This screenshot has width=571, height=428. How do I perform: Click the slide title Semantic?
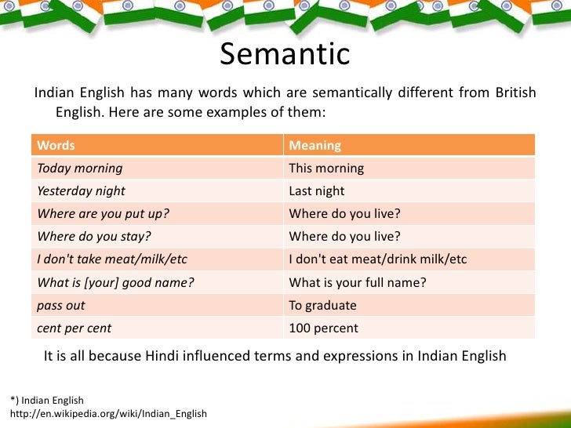point(285,55)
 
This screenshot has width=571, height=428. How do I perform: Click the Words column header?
point(56,145)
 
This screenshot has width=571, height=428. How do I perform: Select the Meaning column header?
point(315,145)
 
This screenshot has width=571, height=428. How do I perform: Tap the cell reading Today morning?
point(80,168)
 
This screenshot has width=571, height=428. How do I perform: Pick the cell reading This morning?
point(326,168)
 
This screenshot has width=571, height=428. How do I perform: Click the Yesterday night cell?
point(81,190)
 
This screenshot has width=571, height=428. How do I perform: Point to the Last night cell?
point(317,190)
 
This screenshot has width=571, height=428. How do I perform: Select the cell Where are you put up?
point(104,214)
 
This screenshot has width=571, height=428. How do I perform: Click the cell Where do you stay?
point(94,237)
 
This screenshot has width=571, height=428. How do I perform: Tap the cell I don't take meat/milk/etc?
point(112,259)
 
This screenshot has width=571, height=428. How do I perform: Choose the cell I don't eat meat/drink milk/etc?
point(378,259)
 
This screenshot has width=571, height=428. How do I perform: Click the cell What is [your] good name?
point(115,282)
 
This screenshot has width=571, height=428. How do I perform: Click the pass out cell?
point(61,305)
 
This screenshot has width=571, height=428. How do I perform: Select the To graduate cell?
point(322,305)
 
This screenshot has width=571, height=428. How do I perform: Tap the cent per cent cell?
point(75,328)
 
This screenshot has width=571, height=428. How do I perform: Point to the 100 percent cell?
point(323,328)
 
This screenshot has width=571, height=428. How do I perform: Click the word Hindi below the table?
point(164,356)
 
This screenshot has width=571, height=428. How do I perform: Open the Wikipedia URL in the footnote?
point(108,413)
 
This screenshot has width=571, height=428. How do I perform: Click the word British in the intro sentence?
point(515,93)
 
